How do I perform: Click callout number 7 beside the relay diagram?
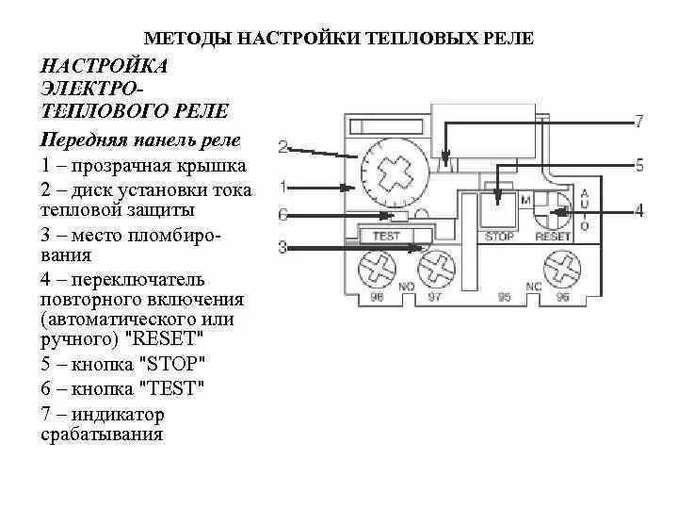[638, 122]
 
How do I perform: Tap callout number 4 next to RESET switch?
[638, 211]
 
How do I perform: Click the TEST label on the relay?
[386, 236]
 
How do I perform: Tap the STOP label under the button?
[499, 236]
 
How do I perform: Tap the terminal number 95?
[505, 297]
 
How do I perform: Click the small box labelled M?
[525, 201]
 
